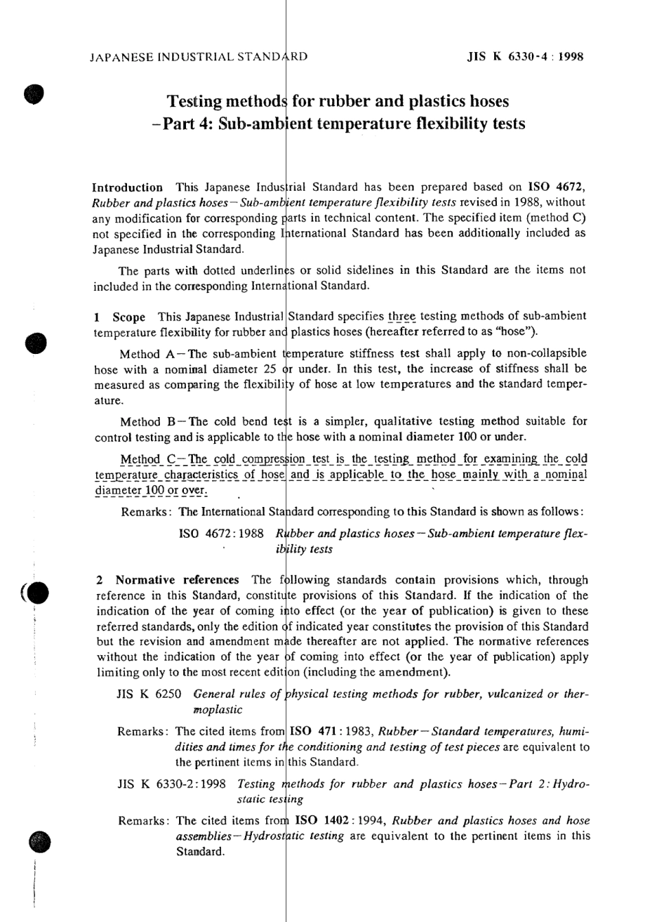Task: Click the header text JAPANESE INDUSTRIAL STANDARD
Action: [x=198, y=57]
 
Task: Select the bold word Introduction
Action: [x=128, y=187]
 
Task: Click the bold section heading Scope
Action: [x=129, y=317]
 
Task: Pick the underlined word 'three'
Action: [x=402, y=316]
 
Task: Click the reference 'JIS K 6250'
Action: [x=149, y=694]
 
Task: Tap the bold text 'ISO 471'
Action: [x=312, y=731]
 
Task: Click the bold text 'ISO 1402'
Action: [x=317, y=820]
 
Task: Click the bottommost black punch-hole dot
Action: [x=40, y=841]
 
